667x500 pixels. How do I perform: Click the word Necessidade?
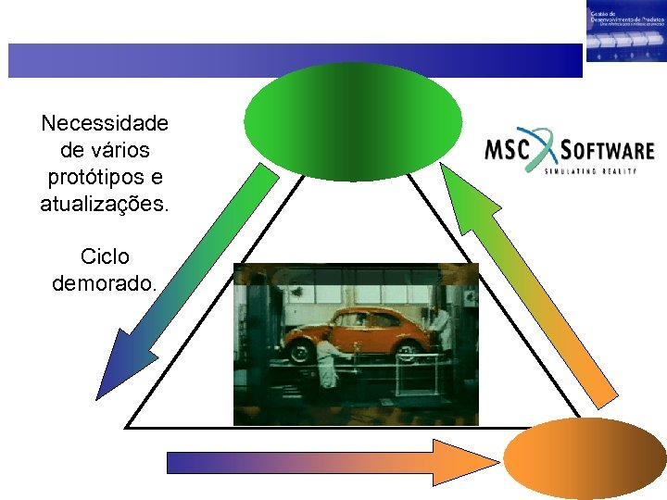click(105, 123)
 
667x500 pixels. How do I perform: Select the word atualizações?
click(105, 204)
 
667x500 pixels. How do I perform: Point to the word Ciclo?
click(105, 256)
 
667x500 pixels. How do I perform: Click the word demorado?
click(105, 282)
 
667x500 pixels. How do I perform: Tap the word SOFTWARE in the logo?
click(608, 150)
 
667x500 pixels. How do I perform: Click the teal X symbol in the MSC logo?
click(552, 152)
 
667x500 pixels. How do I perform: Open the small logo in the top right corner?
click(625, 31)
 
